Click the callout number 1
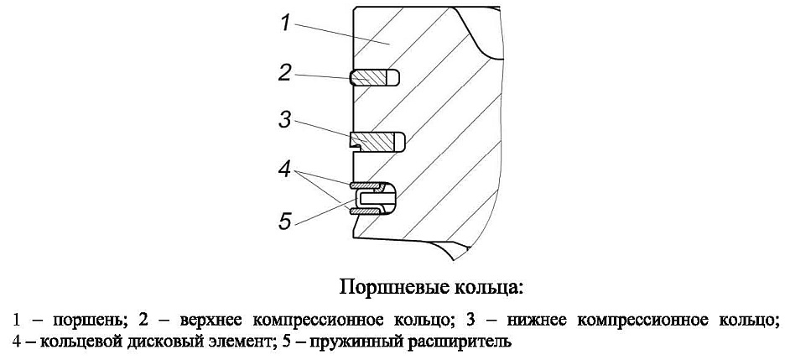point(285,23)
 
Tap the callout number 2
point(284,73)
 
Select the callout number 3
point(284,121)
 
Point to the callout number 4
point(284,170)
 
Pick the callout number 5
point(285,221)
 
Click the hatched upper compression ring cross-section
point(369,78)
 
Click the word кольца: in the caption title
point(489,289)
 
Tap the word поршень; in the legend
point(88,321)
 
